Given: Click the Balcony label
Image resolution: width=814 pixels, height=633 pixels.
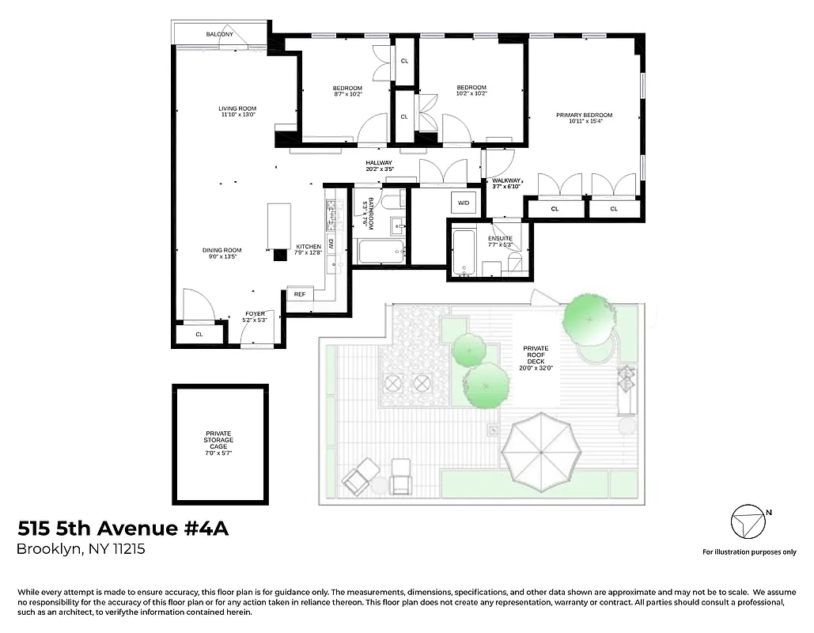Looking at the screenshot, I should click(x=220, y=35).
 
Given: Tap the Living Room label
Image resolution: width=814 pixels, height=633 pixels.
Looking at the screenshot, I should click(x=237, y=108).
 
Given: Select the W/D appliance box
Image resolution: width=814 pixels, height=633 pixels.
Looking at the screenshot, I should click(x=463, y=203).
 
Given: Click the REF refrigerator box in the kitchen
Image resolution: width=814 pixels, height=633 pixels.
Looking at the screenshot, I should click(x=300, y=294).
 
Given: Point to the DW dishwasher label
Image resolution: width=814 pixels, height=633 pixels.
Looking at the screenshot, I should click(x=331, y=244).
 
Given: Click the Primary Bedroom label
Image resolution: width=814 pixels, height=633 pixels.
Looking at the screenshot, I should click(x=584, y=116).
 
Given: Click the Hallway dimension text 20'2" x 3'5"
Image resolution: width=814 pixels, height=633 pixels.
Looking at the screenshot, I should click(x=379, y=169).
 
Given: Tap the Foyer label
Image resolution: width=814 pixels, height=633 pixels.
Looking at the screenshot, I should click(x=255, y=314).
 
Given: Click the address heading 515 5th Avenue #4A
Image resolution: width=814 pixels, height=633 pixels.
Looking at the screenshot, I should click(x=123, y=529).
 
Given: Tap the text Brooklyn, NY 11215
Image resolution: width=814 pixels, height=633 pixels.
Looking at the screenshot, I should click(x=81, y=549).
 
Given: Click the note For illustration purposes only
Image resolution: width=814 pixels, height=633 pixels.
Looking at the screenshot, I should click(x=749, y=552).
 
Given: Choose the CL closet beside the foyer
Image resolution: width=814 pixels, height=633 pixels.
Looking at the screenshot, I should click(x=199, y=335).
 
